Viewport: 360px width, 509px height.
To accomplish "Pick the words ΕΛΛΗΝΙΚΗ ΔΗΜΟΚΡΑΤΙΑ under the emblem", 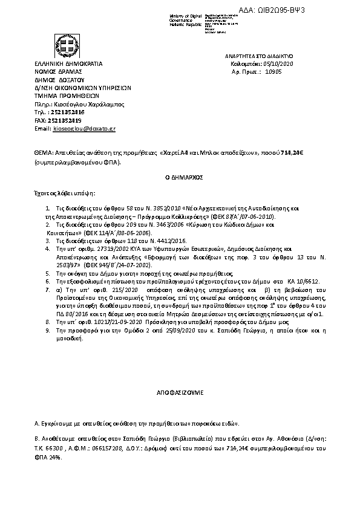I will click(68, 63).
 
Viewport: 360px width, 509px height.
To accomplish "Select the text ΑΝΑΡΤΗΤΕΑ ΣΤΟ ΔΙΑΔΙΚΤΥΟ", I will click(258, 55).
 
